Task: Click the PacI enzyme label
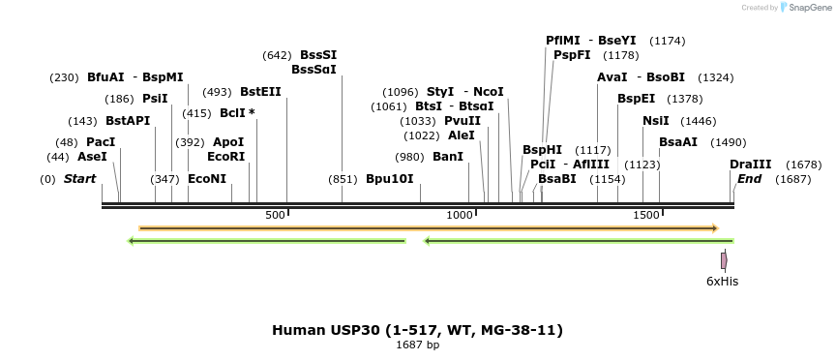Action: point(101,142)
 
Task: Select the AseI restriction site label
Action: point(92,157)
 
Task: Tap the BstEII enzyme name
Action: point(260,92)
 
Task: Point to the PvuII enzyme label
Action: point(462,121)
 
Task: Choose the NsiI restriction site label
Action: point(655,121)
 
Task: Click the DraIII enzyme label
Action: point(751,165)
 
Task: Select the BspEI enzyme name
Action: point(636,99)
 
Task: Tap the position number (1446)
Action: point(699,121)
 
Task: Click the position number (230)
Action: point(64,77)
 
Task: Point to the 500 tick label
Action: point(275,215)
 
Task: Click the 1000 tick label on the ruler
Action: point(458,215)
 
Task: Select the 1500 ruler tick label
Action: point(646,215)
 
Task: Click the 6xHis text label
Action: point(722,282)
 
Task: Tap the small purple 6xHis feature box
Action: point(723,260)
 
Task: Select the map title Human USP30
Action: point(417,330)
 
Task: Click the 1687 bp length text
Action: point(417,345)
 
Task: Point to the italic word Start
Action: point(79,179)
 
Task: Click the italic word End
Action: point(749,179)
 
